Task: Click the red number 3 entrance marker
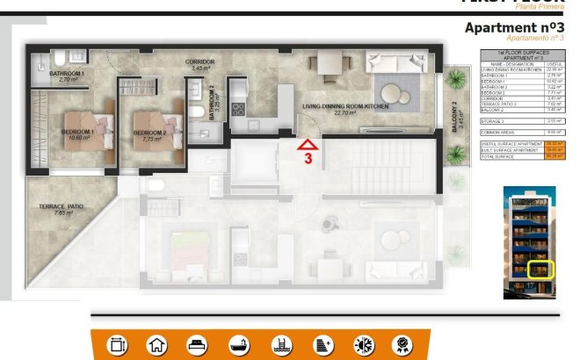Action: pos(308,159)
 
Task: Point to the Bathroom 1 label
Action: pos(67,74)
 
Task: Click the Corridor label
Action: pos(200,63)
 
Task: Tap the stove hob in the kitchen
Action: pos(236,109)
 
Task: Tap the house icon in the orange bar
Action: pos(156,345)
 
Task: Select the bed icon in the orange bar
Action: pos(198,345)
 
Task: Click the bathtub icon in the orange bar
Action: pos(239,345)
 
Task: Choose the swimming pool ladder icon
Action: pos(280,345)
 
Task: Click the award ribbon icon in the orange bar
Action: pos(403,345)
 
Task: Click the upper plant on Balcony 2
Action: pos(455,81)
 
